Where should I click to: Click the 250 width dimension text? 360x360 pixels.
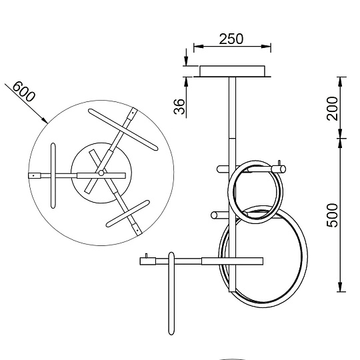click(231, 39)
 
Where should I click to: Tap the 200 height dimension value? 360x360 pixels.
click(333, 107)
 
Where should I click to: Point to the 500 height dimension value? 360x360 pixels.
click(333, 215)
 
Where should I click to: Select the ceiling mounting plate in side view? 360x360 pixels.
click(232, 71)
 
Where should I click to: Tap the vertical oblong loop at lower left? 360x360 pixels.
click(172, 293)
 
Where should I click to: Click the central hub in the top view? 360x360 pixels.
click(101, 173)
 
